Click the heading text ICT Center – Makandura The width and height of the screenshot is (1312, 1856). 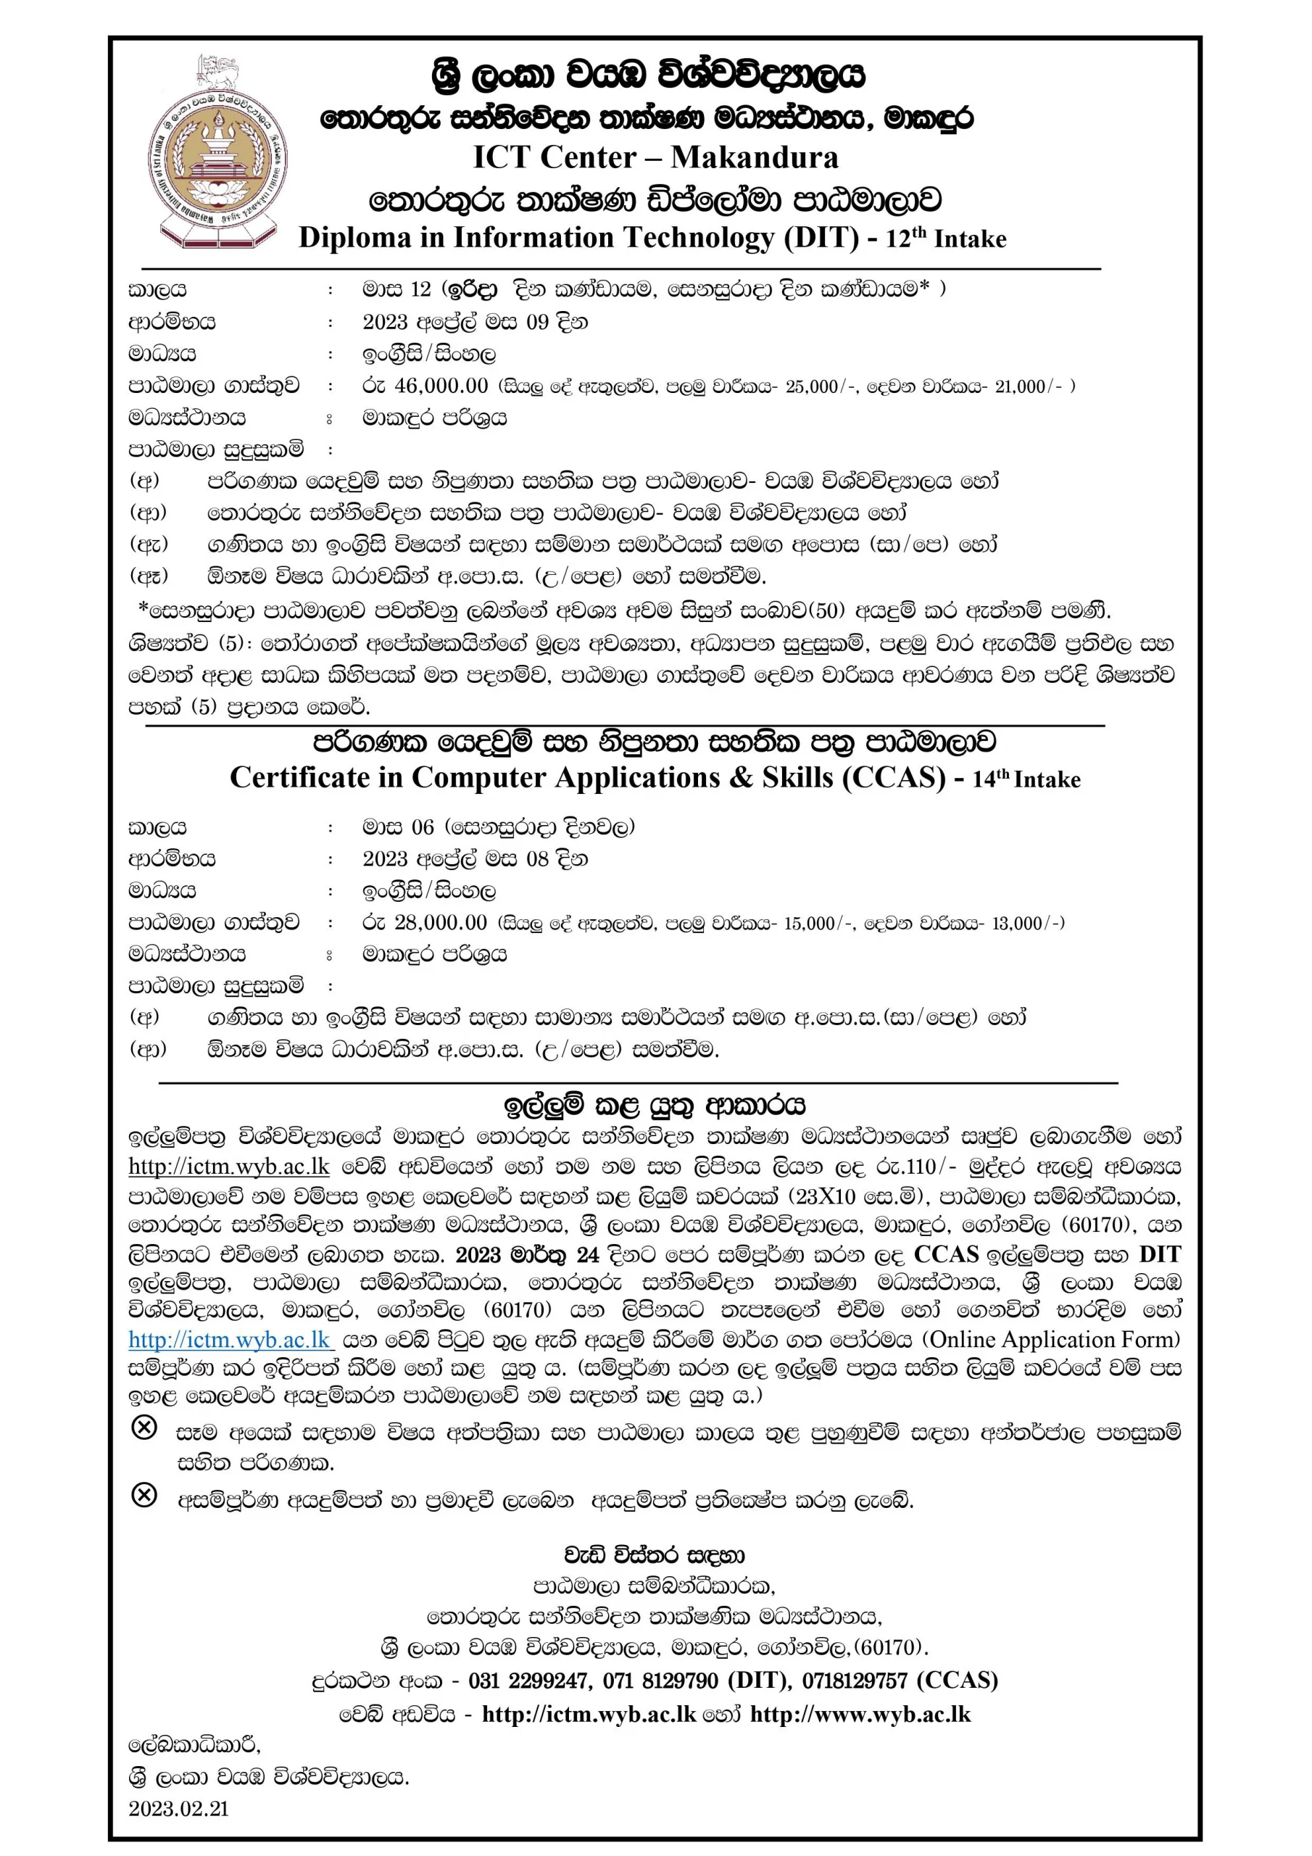coord(655,157)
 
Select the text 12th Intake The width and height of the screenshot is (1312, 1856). coord(946,239)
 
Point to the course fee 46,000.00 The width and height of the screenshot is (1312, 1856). coord(441,386)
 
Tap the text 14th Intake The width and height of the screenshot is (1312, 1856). coord(1026,779)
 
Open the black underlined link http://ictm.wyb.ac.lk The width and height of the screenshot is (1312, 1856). coord(229,1167)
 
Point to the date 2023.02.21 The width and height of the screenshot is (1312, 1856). coord(178,1808)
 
